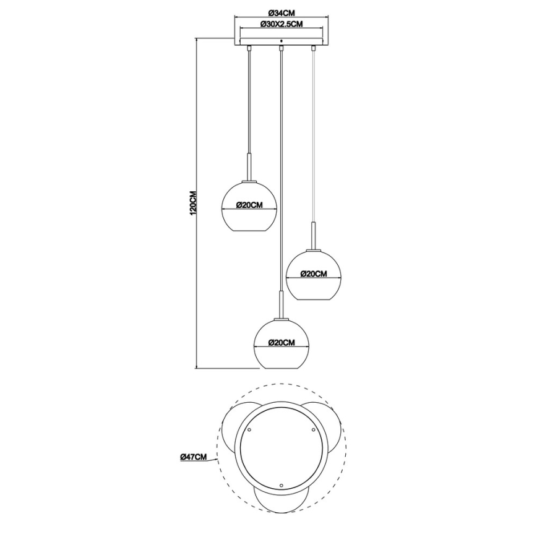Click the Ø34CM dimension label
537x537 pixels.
(x=281, y=14)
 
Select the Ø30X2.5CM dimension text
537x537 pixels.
(x=281, y=25)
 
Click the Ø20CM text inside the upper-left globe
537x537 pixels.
(x=249, y=206)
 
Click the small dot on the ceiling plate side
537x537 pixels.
(x=281, y=41)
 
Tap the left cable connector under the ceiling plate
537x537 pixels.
(x=249, y=48)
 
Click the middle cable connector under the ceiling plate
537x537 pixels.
(x=281, y=48)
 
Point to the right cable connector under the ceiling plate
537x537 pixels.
(x=314, y=48)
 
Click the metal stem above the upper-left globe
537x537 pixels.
(x=249, y=167)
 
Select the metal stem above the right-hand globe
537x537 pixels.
(x=314, y=235)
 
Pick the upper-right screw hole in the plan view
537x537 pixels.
(x=314, y=428)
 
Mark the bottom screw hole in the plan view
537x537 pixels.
(x=281, y=484)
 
